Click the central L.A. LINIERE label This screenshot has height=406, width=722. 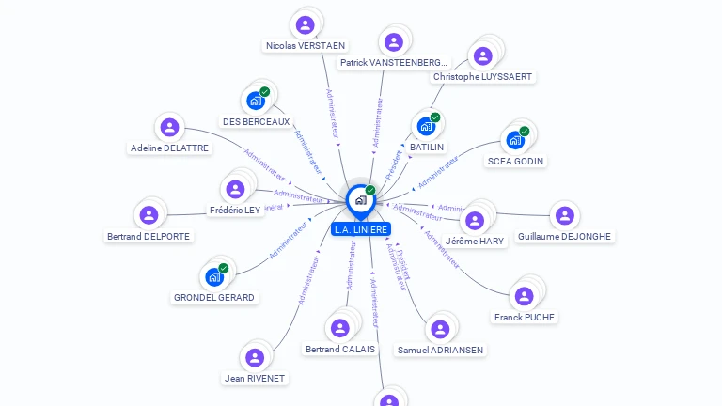360,229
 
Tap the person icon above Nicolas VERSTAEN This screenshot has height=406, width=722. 305,24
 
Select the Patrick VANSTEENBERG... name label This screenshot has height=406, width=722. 395,62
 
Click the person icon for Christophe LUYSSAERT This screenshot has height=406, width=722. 482,56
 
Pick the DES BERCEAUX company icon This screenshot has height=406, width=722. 256,101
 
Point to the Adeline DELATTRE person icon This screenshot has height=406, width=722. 169,127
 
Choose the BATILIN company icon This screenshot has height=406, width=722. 426,126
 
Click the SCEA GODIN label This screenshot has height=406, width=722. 515,161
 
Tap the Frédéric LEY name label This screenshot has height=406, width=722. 236,210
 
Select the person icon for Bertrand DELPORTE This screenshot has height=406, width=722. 149,215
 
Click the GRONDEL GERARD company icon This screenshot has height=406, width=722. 214,276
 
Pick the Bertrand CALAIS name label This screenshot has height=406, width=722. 340,349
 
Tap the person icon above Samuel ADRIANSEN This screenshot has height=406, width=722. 439,329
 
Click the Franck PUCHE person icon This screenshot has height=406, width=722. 525,296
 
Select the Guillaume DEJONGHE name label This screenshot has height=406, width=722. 564,237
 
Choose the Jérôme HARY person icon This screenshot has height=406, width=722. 475,220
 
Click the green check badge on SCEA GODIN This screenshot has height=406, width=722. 525,132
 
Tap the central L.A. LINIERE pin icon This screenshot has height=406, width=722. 360,199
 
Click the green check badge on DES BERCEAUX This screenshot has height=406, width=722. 265,91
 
